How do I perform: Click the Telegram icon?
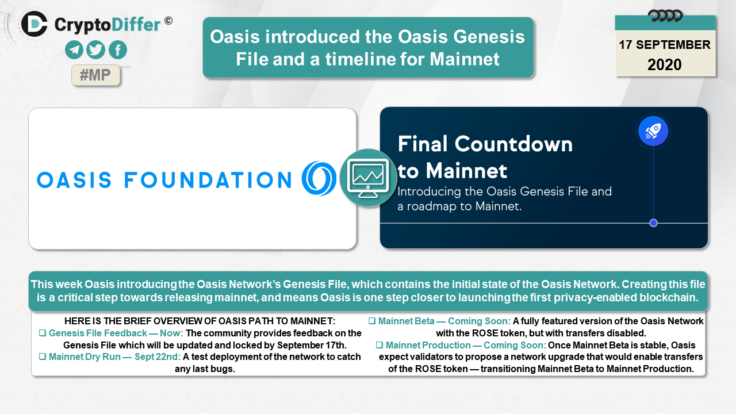coord(74,50)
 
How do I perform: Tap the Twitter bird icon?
coord(95,50)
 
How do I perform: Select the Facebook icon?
coord(118,50)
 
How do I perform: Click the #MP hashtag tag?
coord(95,75)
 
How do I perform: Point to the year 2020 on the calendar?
coord(664,65)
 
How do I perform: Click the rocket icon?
coord(653,131)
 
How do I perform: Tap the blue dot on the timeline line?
coord(654,223)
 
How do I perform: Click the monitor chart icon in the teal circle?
coord(368,178)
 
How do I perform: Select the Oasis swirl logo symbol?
coord(319,178)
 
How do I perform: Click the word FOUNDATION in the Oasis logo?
coord(208,180)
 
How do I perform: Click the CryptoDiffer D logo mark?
coord(34,24)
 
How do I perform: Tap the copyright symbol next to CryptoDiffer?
coord(168,21)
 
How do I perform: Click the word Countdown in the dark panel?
coord(513,144)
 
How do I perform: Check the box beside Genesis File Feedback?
coord(43,333)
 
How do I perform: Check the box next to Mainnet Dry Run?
coord(43,356)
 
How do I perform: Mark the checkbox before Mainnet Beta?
coord(372,321)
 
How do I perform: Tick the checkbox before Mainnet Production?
coord(379,344)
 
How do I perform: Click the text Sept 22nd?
coord(158,357)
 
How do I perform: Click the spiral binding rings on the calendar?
coord(665,16)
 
